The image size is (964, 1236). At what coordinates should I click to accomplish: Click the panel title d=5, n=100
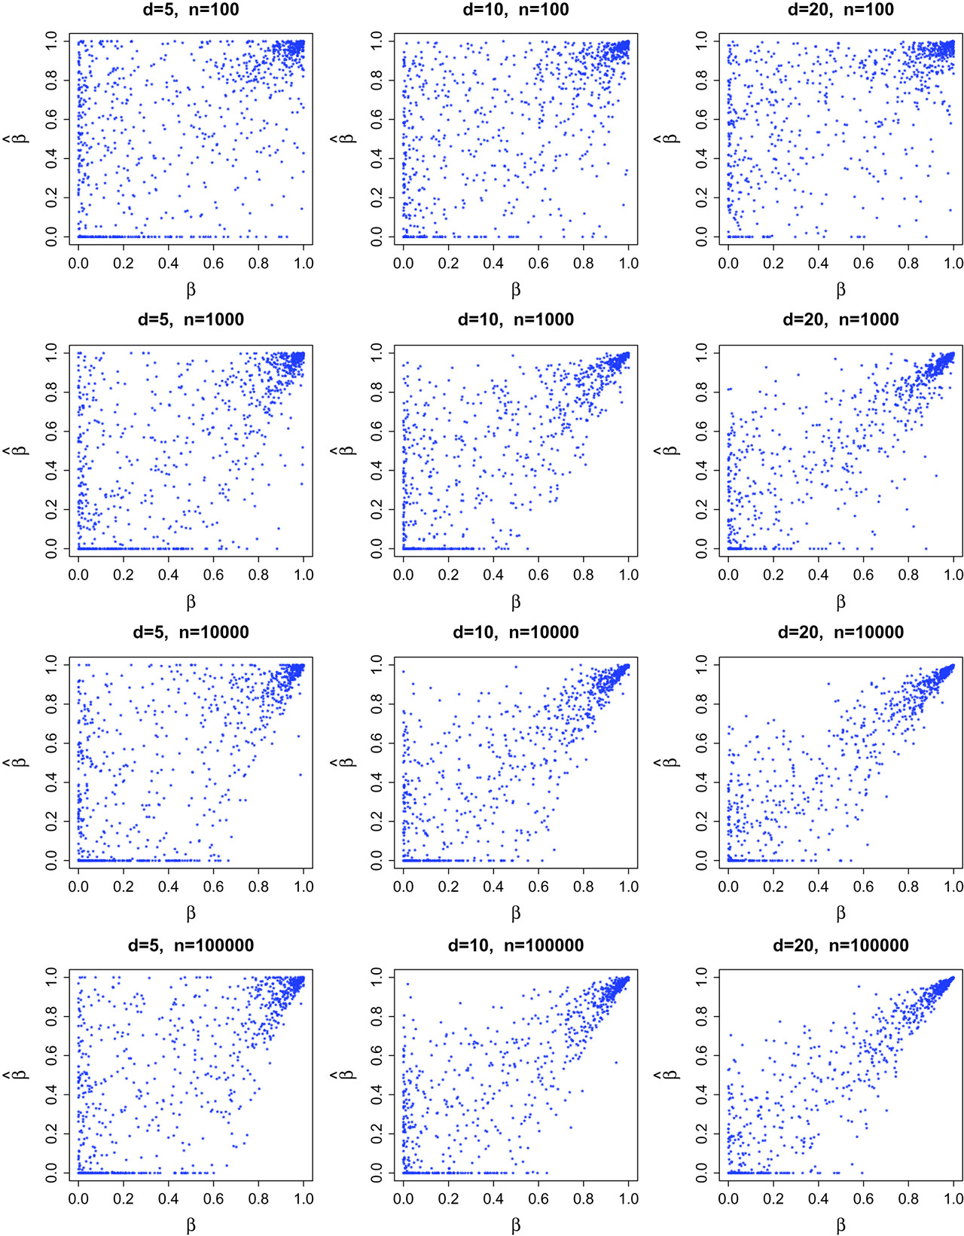(x=191, y=10)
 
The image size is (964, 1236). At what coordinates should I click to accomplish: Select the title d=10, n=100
(x=516, y=10)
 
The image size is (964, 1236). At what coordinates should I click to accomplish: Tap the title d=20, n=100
(x=840, y=10)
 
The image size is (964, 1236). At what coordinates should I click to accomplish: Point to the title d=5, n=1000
(x=191, y=319)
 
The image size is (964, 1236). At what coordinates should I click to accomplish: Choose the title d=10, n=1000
(x=516, y=319)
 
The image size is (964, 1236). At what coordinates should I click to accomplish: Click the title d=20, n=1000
(x=840, y=319)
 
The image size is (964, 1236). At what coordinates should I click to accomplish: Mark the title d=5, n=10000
(x=191, y=632)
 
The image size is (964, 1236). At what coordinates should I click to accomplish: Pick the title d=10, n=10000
(x=516, y=632)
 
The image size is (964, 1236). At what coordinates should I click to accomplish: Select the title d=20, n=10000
(x=840, y=632)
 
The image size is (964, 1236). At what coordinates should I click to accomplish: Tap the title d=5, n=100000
(x=191, y=945)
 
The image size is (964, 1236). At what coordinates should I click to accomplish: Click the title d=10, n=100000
(x=516, y=945)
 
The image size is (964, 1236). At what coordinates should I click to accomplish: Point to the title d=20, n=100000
(x=840, y=945)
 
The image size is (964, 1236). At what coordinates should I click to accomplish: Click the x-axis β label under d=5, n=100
(x=191, y=290)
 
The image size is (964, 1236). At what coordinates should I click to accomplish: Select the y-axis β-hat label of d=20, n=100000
(x=670, y=1075)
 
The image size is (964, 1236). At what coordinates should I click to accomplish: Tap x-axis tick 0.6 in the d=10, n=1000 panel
(x=538, y=575)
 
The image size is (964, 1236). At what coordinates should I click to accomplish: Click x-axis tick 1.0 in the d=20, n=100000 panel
(x=953, y=1199)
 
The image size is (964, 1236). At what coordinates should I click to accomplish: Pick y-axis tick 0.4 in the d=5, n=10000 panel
(x=52, y=782)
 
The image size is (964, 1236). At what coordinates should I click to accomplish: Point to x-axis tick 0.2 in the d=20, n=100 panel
(x=773, y=263)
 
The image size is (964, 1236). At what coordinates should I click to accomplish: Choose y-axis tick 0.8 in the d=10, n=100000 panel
(x=377, y=1017)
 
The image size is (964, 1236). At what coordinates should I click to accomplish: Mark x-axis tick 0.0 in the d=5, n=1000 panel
(x=78, y=575)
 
